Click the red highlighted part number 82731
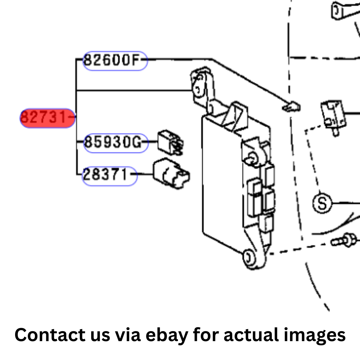point(47,118)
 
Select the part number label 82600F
point(115,61)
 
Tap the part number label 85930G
point(116,143)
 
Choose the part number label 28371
point(110,176)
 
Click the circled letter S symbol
point(322,203)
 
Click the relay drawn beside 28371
point(171,173)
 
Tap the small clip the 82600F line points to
point(291,107)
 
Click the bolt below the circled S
point(344,240)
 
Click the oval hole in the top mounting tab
point(198,88)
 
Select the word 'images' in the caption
point(314,336)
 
